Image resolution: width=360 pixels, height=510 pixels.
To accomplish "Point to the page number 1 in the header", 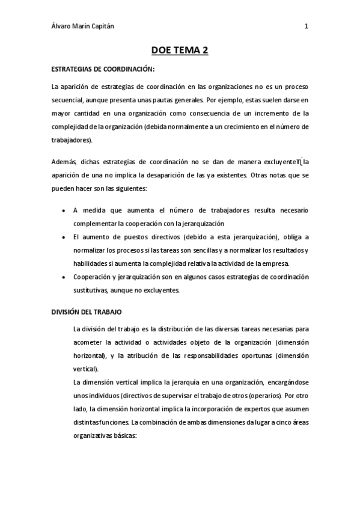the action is tap(307, 26).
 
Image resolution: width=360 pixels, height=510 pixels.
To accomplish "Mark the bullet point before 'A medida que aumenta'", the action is tap(64, 211).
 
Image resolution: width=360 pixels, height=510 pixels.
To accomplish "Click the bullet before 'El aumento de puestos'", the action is tap(64, 238).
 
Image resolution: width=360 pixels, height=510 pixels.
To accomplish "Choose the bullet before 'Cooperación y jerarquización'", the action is tap(64, 278).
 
